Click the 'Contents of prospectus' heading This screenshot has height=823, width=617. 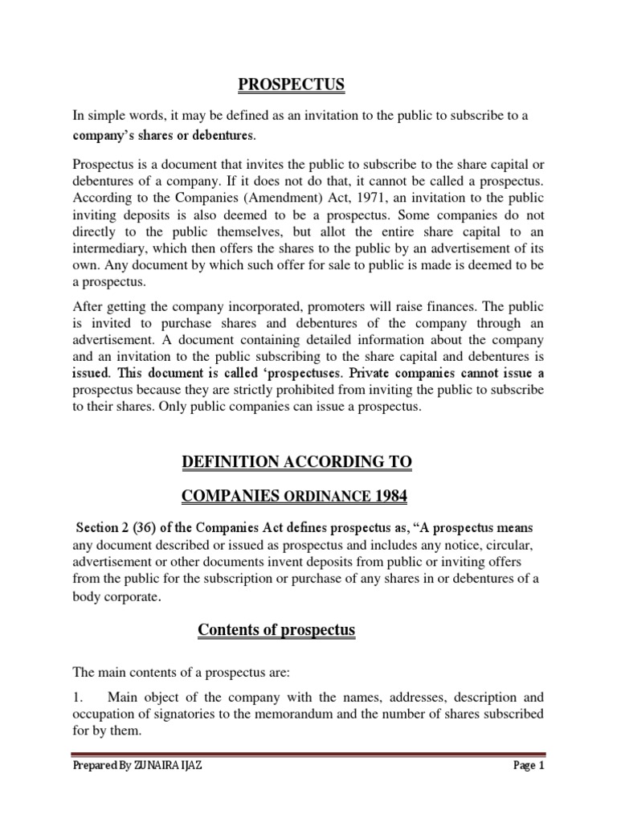click(276, 631)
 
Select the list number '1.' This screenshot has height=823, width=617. click(78, 698)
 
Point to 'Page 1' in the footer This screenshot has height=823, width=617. click(529, 788)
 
